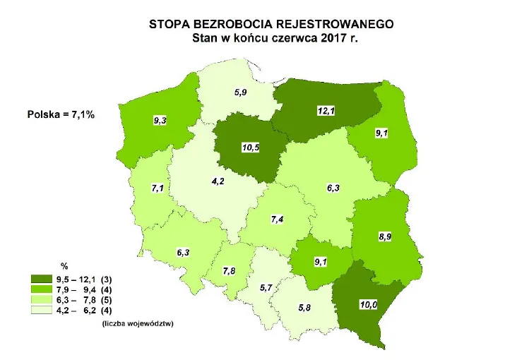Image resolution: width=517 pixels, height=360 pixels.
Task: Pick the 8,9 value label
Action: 385,236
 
